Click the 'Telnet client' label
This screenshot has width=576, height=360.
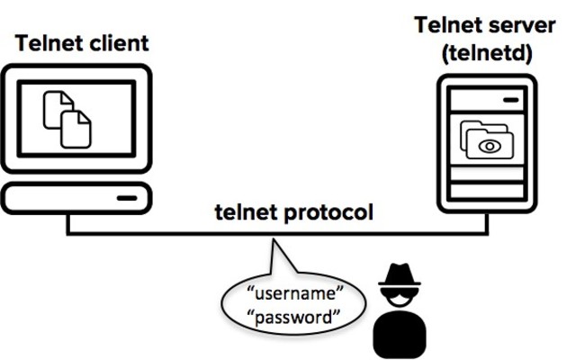[x=81, y=42]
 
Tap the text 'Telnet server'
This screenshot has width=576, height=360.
[x=485, y=23]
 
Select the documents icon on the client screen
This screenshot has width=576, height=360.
[x=67, y=118]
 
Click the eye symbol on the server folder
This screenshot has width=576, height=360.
[x=490, y=145]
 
